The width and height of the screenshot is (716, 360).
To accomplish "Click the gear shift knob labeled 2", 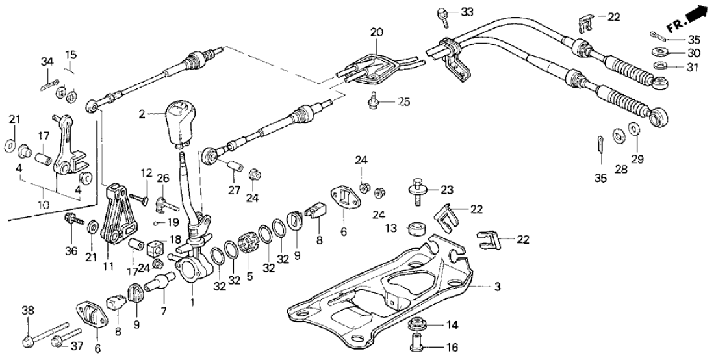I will pyautogui.click(x=180, y=123).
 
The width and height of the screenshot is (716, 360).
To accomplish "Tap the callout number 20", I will pyautogui.click(x=377, y=32).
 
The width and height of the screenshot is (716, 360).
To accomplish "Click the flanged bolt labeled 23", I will pyautogui.click(x=416, y=190).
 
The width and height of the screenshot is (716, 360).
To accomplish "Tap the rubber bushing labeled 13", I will pyautogui.click(x=416, y=229).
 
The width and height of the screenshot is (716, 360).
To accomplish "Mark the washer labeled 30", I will pyautogui.click(x=659, y=52).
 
